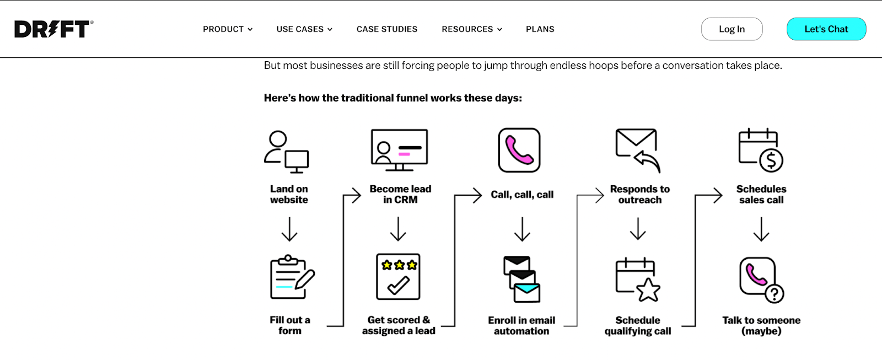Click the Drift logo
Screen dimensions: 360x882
pos(53,29)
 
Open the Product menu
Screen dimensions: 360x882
pos(227,29)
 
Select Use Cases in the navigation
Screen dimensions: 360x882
pos(304,29)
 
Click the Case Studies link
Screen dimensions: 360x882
pos(387,29)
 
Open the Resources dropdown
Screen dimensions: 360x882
pos(471,29)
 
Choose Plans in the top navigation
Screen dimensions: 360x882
pos(540,29)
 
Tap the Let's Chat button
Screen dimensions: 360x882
pos(826,29)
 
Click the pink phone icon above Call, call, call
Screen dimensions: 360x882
pos(519,151)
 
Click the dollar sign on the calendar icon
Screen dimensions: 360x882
pos(771,160)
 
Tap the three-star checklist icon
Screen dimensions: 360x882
pos(399,277)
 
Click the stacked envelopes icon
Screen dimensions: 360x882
pos(521,280)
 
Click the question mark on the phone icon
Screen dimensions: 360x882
pos(775,294)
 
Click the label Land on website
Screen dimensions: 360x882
pos(289,195)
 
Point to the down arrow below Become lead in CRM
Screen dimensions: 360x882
pos(398,229)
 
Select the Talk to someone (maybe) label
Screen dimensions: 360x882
pos(761,326)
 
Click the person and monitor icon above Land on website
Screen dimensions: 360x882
pos(286,152)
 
